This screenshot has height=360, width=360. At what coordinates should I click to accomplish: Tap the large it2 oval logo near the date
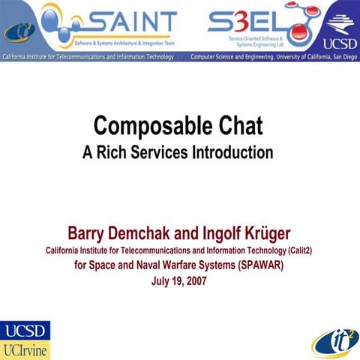tap(334, 340)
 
